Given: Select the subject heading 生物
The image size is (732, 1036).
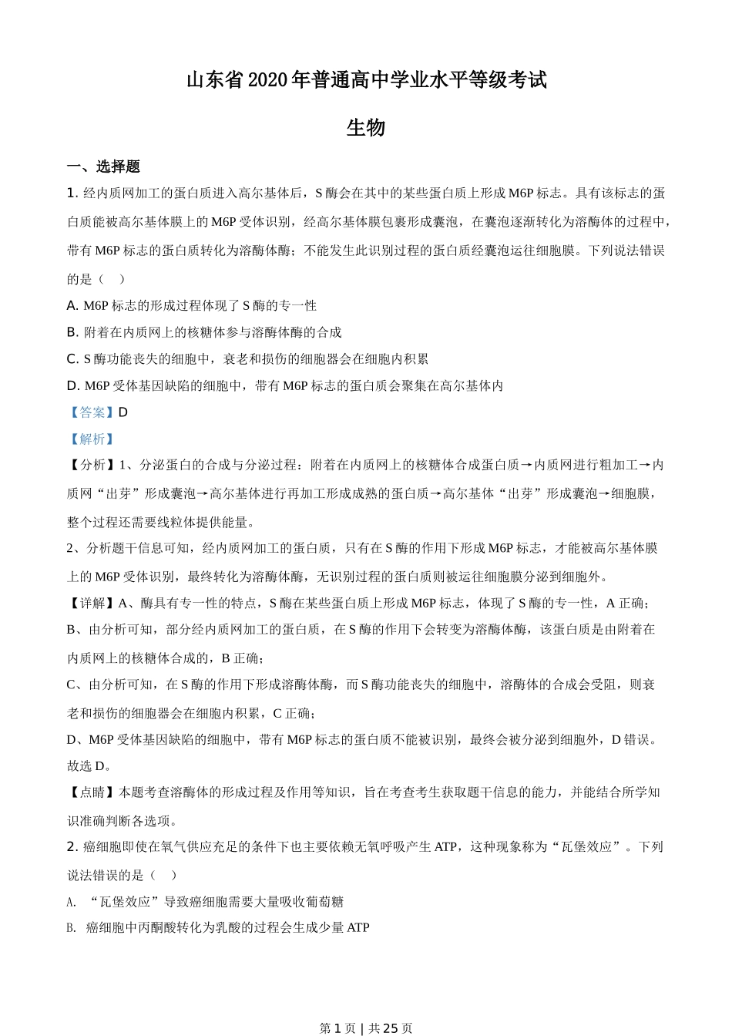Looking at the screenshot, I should tap(366, 128).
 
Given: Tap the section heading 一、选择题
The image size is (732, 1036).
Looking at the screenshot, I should tap(103, 166).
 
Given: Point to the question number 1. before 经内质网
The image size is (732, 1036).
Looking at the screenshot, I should tap(73, 193).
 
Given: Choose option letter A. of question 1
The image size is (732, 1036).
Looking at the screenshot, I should tap(73, 305).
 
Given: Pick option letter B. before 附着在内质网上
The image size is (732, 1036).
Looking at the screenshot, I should tap(73, 332).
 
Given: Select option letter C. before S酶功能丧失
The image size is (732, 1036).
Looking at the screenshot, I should tap(73, 358).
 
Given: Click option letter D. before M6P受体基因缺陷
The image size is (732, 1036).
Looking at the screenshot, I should tap(73, 385).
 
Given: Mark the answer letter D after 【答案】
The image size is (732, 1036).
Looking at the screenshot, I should tap(123, 412).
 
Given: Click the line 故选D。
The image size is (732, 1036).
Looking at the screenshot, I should tap(90, 765).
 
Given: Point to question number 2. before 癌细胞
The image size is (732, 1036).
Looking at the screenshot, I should tap(73, 846).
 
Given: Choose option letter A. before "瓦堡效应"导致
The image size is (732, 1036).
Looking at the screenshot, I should tap(72, 901).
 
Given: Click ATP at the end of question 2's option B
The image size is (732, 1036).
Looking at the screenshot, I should tap(358, 927).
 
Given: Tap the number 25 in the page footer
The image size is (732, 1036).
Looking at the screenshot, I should tap(390, 1028).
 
